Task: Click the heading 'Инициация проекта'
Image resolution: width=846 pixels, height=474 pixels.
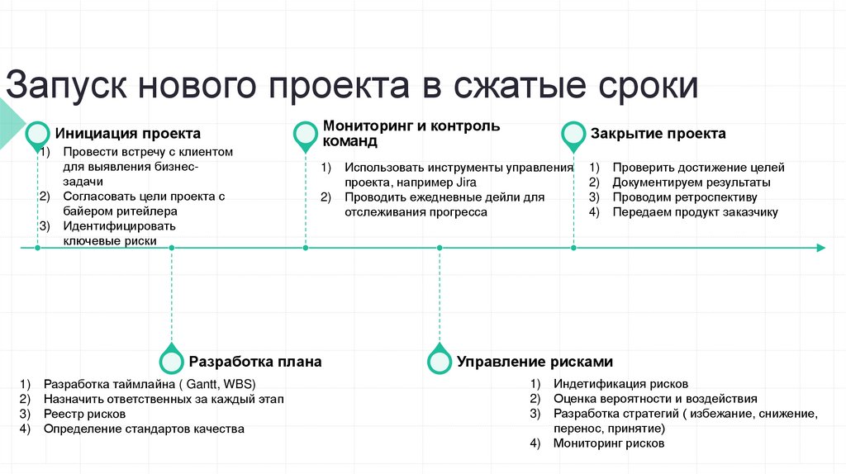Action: coord(128,134)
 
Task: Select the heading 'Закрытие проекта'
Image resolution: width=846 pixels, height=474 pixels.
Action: coord(658,134)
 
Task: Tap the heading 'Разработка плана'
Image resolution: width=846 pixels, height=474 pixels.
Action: coord(255,362)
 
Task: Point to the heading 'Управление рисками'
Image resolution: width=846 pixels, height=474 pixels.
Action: coord(535,362)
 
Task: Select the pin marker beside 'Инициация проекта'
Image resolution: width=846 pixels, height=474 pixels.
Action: coord(38,135)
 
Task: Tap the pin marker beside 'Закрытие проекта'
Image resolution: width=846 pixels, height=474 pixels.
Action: coord(573,135)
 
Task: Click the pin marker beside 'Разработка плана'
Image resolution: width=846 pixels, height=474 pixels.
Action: coord(171,360)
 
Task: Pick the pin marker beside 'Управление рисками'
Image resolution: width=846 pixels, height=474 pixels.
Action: coord(439,360)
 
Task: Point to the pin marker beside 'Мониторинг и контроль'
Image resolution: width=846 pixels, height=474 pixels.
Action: coord(306,135)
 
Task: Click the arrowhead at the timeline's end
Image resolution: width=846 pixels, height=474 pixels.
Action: coord(820,248)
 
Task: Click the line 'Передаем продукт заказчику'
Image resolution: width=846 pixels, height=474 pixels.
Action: coord(695,212)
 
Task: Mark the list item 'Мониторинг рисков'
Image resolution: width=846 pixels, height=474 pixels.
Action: coord(609,443)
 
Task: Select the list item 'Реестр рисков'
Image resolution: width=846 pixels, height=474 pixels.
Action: coord(84,414)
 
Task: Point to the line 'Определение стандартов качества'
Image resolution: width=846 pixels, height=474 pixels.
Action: coord(144,429)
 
